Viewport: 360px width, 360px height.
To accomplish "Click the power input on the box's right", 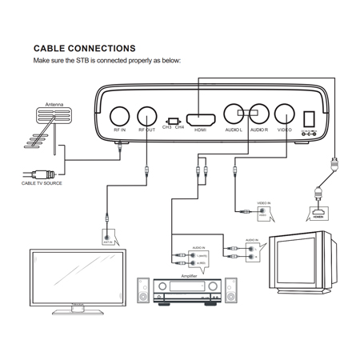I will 311,116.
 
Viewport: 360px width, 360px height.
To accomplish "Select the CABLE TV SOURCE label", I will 42,183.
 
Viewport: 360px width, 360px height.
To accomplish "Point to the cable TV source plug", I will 44,172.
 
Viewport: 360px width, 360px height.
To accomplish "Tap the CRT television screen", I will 295,261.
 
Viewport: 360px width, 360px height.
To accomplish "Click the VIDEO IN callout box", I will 262,210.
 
